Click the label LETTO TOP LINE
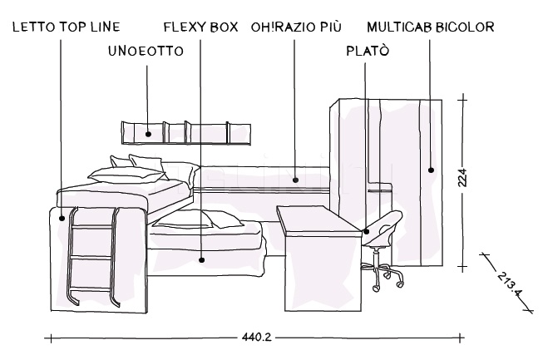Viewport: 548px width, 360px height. [x=67, y=27]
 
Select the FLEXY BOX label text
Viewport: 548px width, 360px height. [x=201, y=27]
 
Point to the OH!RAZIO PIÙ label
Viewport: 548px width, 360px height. [x=294, y=27]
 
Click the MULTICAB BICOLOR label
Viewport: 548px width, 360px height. [x=430, y=27]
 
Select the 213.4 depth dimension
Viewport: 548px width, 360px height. [x=506, y=284]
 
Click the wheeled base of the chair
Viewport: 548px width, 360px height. [x=385, y=278]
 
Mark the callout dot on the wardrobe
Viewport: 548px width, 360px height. [x=431, y=170]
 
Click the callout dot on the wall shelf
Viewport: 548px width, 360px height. [x=147, y=133]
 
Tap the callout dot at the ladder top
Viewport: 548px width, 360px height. [x=62, y=219]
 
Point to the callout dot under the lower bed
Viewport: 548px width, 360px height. [x=202, y=259]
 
